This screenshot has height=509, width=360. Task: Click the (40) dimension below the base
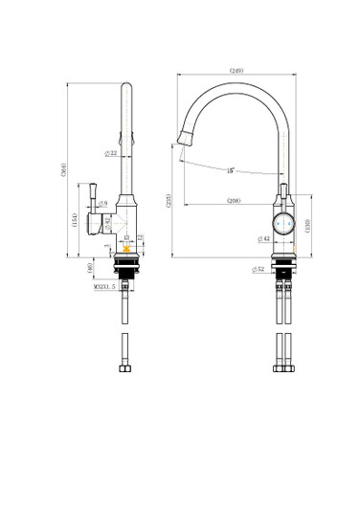tap(91, 269)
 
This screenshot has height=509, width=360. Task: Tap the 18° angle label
tap(231, 170)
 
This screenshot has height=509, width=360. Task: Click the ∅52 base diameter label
tap(259, 270)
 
